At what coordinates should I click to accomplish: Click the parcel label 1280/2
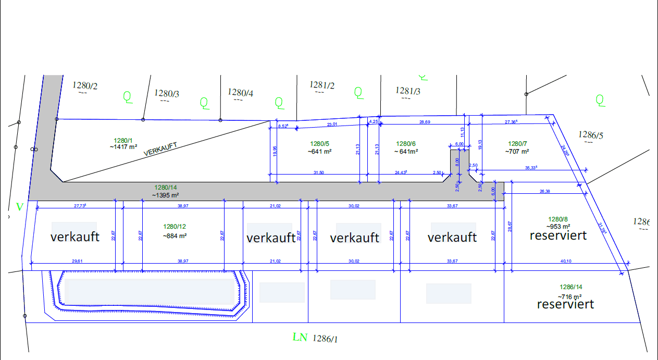point(85,85)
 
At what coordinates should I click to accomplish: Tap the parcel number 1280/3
point(167,93)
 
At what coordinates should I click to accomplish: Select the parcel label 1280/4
point(241,92)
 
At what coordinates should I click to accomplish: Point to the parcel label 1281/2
point(322,85)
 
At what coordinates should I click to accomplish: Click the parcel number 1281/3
point(408,91)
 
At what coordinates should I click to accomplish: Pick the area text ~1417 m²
point(123,147)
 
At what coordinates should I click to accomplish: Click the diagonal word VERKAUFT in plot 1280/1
point(160,149)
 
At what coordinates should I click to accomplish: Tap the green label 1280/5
point(320,144)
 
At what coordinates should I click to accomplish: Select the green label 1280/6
point(406,144)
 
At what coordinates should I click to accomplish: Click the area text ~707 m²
point(517,151)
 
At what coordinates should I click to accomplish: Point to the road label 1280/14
point(166,187)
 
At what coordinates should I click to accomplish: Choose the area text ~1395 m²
point(166,195)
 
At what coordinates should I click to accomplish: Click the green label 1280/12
point(175,227)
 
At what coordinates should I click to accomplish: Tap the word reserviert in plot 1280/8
point(558,235)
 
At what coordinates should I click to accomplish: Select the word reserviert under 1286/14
point(565,304)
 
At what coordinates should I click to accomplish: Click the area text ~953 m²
point(558,227)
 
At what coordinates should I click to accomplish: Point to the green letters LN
point(300,338)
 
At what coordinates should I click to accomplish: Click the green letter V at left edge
point(20,207)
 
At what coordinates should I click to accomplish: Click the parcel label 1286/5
point(590,135)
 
